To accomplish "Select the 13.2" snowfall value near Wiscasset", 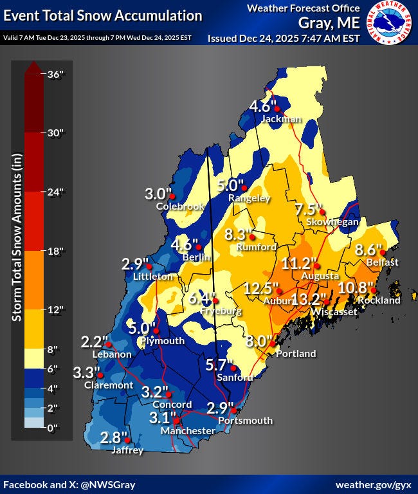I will point(305,298).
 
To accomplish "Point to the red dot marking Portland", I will point(271,345).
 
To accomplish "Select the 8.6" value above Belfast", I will point(369,249).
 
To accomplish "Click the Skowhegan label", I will point(336,222).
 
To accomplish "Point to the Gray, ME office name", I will point(328,23).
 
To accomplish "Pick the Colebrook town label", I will point(180,206).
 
